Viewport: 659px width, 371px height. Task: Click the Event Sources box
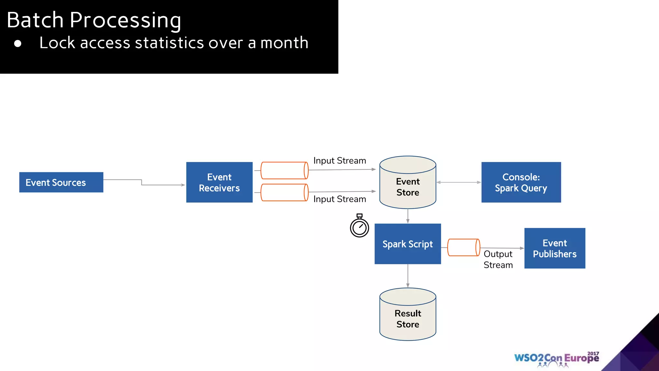pyautogui.click(x=61, y=182)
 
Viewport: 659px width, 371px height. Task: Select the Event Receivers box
pyautogui.click(x=219, y=182)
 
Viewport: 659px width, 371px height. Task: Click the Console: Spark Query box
pyautogui.click(x=521, y=182)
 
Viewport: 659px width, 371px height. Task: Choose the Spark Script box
pyautogui.click(x=408, y=244)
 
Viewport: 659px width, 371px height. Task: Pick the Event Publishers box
pyautogui.click(x=555, y=248)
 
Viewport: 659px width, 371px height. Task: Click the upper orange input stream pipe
pyautogui.click(x=284, y=170)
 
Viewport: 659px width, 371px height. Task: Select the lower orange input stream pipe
pyautogui.click(x=284, y=193)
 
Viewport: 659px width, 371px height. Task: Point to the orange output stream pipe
pyautogui.click(x=464, y=247)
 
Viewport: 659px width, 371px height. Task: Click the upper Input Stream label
pyautogui.click(x=339, y=160)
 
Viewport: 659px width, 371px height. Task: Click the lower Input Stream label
pyautogui.click(x=339, y=199)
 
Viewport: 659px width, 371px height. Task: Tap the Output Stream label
pyautogui.click(x=498, y=259)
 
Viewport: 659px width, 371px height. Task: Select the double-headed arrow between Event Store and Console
pyautogui.click(x=459, y=182)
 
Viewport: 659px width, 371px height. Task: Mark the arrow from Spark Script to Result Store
pyautogui.click(x=408, y=276)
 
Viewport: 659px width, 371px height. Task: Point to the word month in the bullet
pyautogui.click(x=284, y=43)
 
